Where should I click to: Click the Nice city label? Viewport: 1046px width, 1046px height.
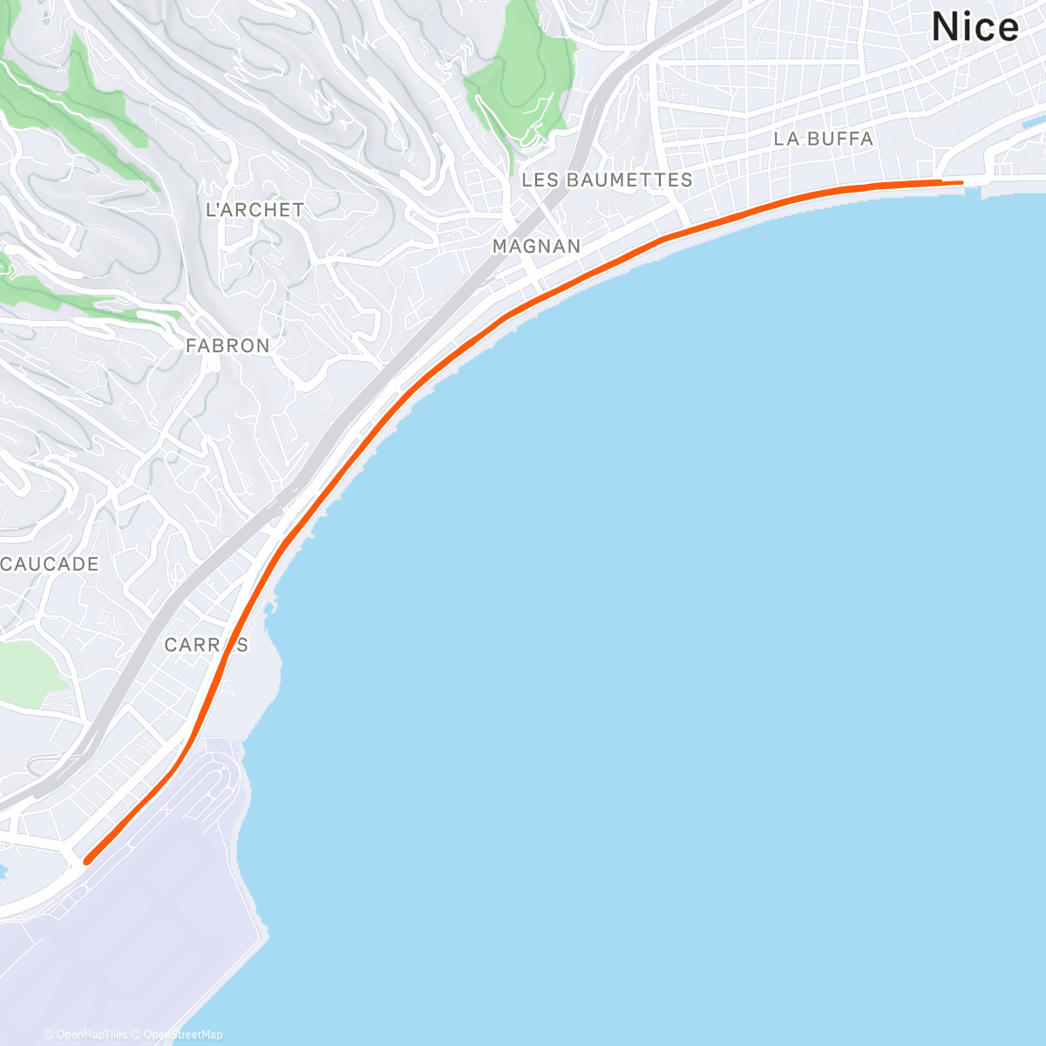pyautogui.click(x=975, y=28)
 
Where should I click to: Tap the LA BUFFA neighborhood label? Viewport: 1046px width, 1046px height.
pyautogui.click(x=823, y=139)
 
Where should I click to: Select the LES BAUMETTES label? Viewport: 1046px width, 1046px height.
pyautogui.click(x=607, y=180)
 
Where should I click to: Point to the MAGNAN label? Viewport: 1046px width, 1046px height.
pyautogui.click(x=536, y=247)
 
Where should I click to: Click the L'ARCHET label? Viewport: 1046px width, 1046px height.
pyautogui.click(x=255, y=210)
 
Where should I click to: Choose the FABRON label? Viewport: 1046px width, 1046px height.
pyautogui.click(x=228, y=346)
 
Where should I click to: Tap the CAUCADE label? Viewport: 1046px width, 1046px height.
pyautogui.click(x=50, y=565)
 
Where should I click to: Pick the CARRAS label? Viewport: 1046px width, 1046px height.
pyautogui.click(x=206, y=645)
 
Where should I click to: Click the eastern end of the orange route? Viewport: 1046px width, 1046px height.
pyautogui.click(x=961, y=182)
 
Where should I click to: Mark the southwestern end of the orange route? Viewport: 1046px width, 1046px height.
pyautogui.click(x=86, y=861)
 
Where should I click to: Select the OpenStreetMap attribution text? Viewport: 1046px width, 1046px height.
pyautogui.click(x=182, y=1035)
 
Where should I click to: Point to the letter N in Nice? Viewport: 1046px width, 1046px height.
pyautogui.click(x=945, y=28)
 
